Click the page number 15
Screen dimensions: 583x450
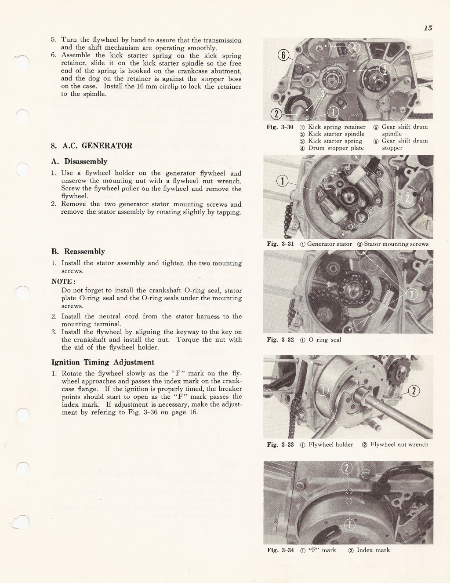coord(428,28)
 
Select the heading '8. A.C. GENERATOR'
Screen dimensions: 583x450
coord(91,146)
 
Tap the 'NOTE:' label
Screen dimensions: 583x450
coord(64,281)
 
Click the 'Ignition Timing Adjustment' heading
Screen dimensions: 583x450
coord(103,362)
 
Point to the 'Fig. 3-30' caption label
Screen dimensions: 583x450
coord(280,127)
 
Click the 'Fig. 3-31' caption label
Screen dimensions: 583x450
coord(280,244)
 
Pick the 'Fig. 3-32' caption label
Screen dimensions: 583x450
coord(280,340)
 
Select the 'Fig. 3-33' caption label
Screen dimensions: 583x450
coord(280,445)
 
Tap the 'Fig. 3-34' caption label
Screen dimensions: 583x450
coord(280,550)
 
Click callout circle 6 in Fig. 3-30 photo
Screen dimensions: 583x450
coord(284,55)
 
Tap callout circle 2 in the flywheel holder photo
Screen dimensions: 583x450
coord(414,391)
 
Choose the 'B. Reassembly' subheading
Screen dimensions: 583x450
coord(78,251)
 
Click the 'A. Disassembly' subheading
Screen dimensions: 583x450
coord(79,161)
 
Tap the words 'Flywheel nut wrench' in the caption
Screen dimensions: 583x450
coord(399,445)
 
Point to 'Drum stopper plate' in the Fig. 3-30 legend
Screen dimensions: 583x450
coord(336,148)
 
